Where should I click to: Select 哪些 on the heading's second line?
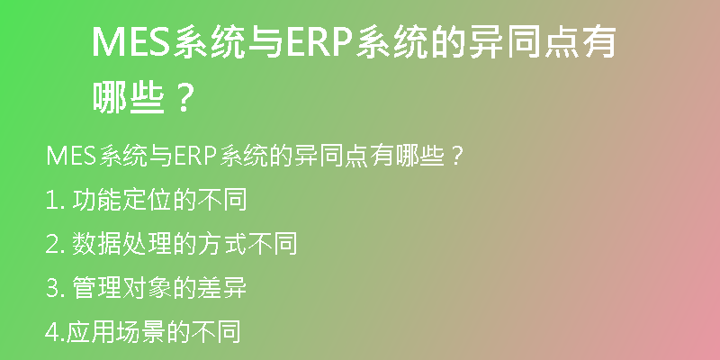[x=129, y=98]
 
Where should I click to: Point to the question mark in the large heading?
[x=184, y=98]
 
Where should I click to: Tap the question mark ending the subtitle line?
[x=455, y=156]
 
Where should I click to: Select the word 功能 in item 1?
[x=97, y=200]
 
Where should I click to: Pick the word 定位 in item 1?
[x=147, y=200]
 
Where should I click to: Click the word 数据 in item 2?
[x=97, y=244]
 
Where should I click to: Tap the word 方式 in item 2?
[x=222, y=244]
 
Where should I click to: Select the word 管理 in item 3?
[x=97, y=288]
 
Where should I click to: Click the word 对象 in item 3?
[x=147, y=288]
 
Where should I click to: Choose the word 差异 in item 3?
[x=222, y=288]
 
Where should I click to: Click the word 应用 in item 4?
[x=91, y=332]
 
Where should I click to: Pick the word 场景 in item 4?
[x=140, y=332]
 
